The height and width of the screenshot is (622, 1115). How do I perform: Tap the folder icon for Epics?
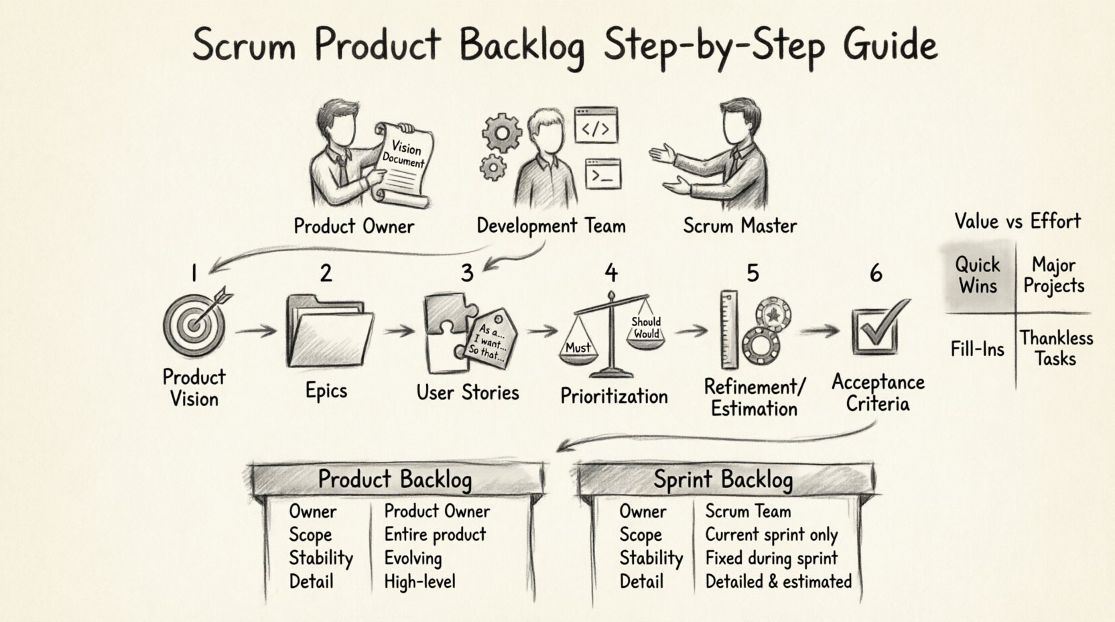pyautogui.click(x=328, y=332)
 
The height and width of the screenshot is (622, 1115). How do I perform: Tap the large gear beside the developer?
pyautogui.click(x=501, y=132)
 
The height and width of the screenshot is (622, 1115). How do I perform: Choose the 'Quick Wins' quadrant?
pyautogui.click(x=978, y=275)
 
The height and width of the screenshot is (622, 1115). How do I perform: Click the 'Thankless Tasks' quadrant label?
pyautogui.click(x=1056, y=348)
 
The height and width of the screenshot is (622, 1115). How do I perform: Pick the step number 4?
pyautogui.click(x=610, y=273)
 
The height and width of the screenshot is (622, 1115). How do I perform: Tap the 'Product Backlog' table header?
pyautogui.click(x=395, y=480)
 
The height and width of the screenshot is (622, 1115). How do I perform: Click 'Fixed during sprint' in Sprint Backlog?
pyautogui.click(x=771, y=558)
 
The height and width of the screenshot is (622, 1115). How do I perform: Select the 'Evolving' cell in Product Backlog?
pyautogui.click(x=413, y=558)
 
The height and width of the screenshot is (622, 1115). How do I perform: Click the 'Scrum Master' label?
pyautogui.click(x=740, y=226)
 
